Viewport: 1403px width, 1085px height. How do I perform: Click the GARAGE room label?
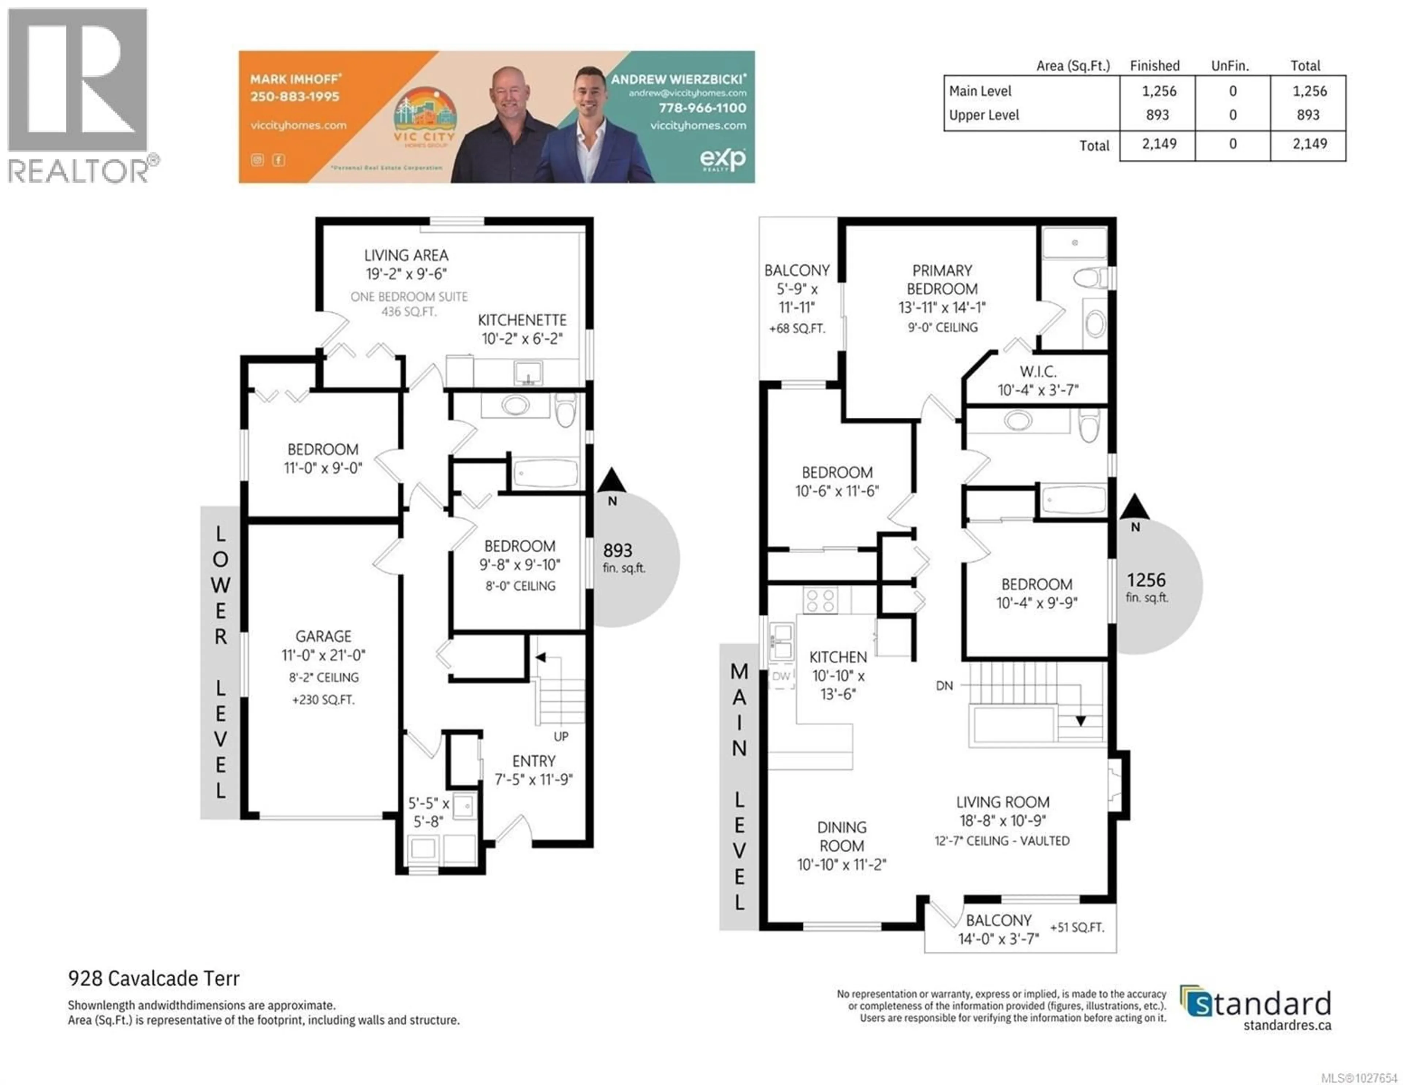(323, 636)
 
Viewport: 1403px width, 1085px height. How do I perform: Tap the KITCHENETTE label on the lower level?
(522, 320)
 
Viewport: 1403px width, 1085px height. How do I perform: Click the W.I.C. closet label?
(1038, 371)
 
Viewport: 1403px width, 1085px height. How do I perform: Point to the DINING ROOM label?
(841, 836)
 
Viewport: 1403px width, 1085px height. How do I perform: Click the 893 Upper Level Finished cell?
(1157, 115)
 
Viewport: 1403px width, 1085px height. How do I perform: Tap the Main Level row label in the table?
(980, 91)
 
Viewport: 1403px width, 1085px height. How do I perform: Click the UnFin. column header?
(1229, 65)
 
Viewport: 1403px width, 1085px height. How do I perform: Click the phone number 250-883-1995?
(295, 96)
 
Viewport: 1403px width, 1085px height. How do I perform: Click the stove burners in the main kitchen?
(820, 601)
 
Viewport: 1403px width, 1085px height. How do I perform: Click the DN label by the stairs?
(944, 686)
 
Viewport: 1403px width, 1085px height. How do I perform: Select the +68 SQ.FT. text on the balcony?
(796, 328)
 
